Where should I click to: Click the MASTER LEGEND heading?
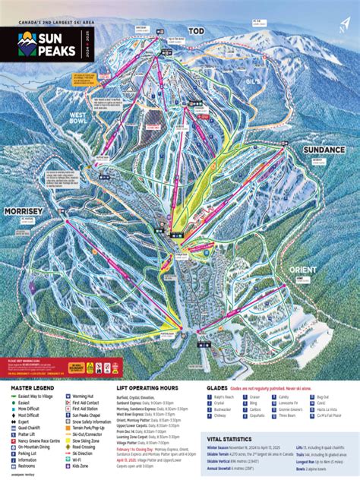(30, 387)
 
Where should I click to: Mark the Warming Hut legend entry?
(86, 397)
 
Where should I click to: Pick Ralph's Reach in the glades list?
(225, 396)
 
